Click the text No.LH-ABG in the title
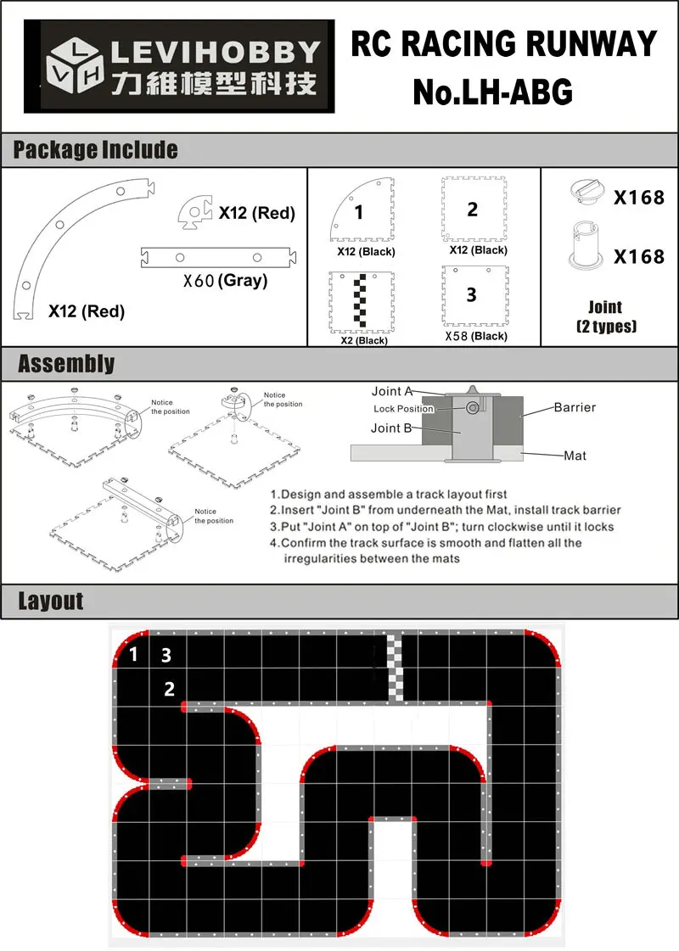[x=492, y=92]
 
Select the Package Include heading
[x=95, y=150]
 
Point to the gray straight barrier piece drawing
[x=220, y=257]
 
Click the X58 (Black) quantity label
[x=476, y=336]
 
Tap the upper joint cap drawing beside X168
[x=586, y=192]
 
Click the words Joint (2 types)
[x=605, y=316]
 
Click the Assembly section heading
[x=66, y=364]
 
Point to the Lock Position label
[x=403, y=409]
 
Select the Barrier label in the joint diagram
[x=575, y=407]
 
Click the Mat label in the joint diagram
[x=575, y=456]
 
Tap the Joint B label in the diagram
[x=391, y=428]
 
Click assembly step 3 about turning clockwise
[x=441, y=527]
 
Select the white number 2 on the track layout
[x=170, y=689]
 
